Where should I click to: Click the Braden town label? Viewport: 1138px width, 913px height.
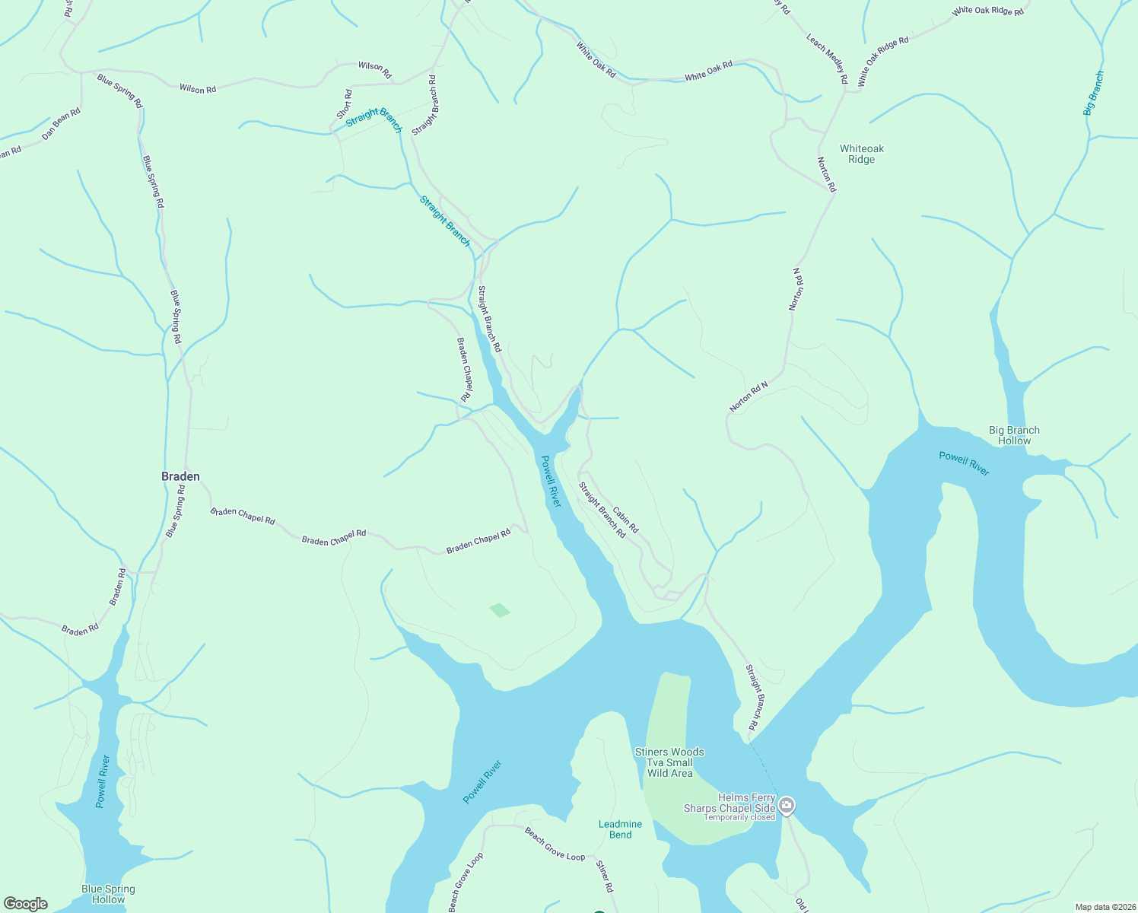pyautogui.click(x=180, y=476)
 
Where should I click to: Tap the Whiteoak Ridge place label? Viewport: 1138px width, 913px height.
pyautogui.click(x=862, y=154)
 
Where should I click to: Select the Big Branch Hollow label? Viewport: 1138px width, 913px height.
pyautogui.click(x=1014, y=435)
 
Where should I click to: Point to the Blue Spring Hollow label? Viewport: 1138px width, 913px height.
pyautogui.click(x=108, y=894)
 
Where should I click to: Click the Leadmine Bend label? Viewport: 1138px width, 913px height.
pyautogui.click(x=620, y=829)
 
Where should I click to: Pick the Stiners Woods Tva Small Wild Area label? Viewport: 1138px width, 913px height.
pyautogui.click(x=669, y=762)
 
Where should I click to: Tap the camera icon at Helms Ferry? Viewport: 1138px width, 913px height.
pyautogui.click(x=787, y=805)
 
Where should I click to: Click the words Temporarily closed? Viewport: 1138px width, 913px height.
pyautogui.click(x=739, y=818)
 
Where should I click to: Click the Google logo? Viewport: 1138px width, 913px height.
pyautogui.click(x=25, y=904)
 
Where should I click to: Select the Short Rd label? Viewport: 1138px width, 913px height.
pyautogui.click(x=345, y=104)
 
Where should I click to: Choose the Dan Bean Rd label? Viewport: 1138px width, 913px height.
pyautogui.click(x=61, y=123)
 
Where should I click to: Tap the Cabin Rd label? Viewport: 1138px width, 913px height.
pyautogui.click(x=625, y=520)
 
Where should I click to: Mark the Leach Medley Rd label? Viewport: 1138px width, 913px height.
pyautogui.click(x=827, y=59)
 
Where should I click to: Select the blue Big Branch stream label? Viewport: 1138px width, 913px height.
pyautogui.click(x=1094, y=93)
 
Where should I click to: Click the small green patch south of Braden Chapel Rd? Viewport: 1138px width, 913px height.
pyautogui.click(x=500, y=609)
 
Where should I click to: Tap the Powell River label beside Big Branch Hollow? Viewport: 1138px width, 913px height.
pyautogui.click(x=964, y=463)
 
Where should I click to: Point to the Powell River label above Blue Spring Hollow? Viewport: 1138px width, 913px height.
pyautogui.click(x=102, y=781)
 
